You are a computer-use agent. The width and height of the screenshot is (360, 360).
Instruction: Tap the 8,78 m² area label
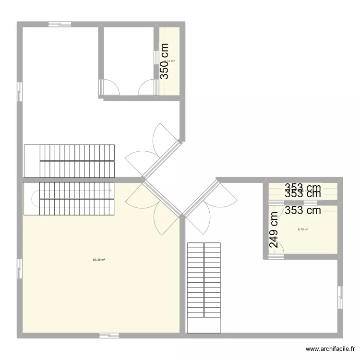303,229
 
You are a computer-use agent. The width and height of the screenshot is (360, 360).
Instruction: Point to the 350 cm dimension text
165,61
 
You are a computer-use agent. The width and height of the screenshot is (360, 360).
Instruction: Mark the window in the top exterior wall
60,24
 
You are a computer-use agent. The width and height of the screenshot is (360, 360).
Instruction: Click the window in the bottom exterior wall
109,335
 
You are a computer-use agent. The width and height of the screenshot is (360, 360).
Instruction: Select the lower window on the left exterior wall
20,269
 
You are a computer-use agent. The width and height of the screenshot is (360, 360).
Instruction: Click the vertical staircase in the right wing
204,287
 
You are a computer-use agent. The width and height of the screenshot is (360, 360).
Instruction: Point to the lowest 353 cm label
302,210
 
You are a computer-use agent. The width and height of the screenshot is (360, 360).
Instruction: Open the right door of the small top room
146,88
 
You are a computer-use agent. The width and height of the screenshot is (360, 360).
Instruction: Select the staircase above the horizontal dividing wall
70,160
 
